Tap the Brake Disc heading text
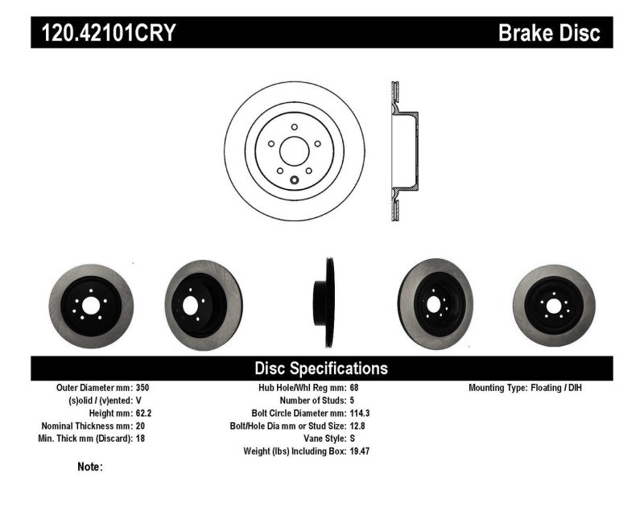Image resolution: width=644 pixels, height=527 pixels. tap(549, 33)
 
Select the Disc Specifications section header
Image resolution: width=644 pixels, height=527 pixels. tap(321, 368)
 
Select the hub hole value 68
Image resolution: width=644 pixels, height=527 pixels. tap(355, 388)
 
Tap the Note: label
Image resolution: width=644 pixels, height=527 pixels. tap(89, 467)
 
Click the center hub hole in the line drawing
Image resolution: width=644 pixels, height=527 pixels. tap(294, 150)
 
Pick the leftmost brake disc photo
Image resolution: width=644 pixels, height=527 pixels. tap(91, 305)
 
